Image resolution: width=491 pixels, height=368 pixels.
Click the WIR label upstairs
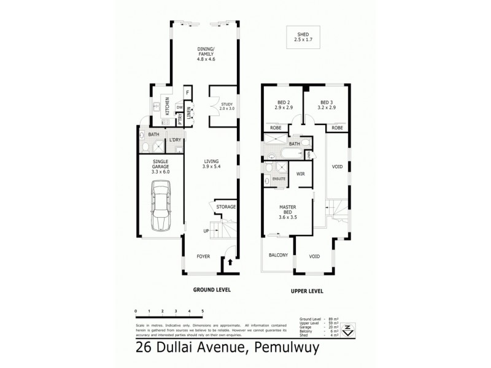[301, 174]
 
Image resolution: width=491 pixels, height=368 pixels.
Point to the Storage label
[226, 207]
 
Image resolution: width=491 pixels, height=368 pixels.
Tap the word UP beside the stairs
[206, 231]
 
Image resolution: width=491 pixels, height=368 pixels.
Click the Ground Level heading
[211, 291]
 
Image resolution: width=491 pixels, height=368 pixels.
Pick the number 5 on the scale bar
[203, 312]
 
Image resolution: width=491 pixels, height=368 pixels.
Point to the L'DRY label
[175, 140]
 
